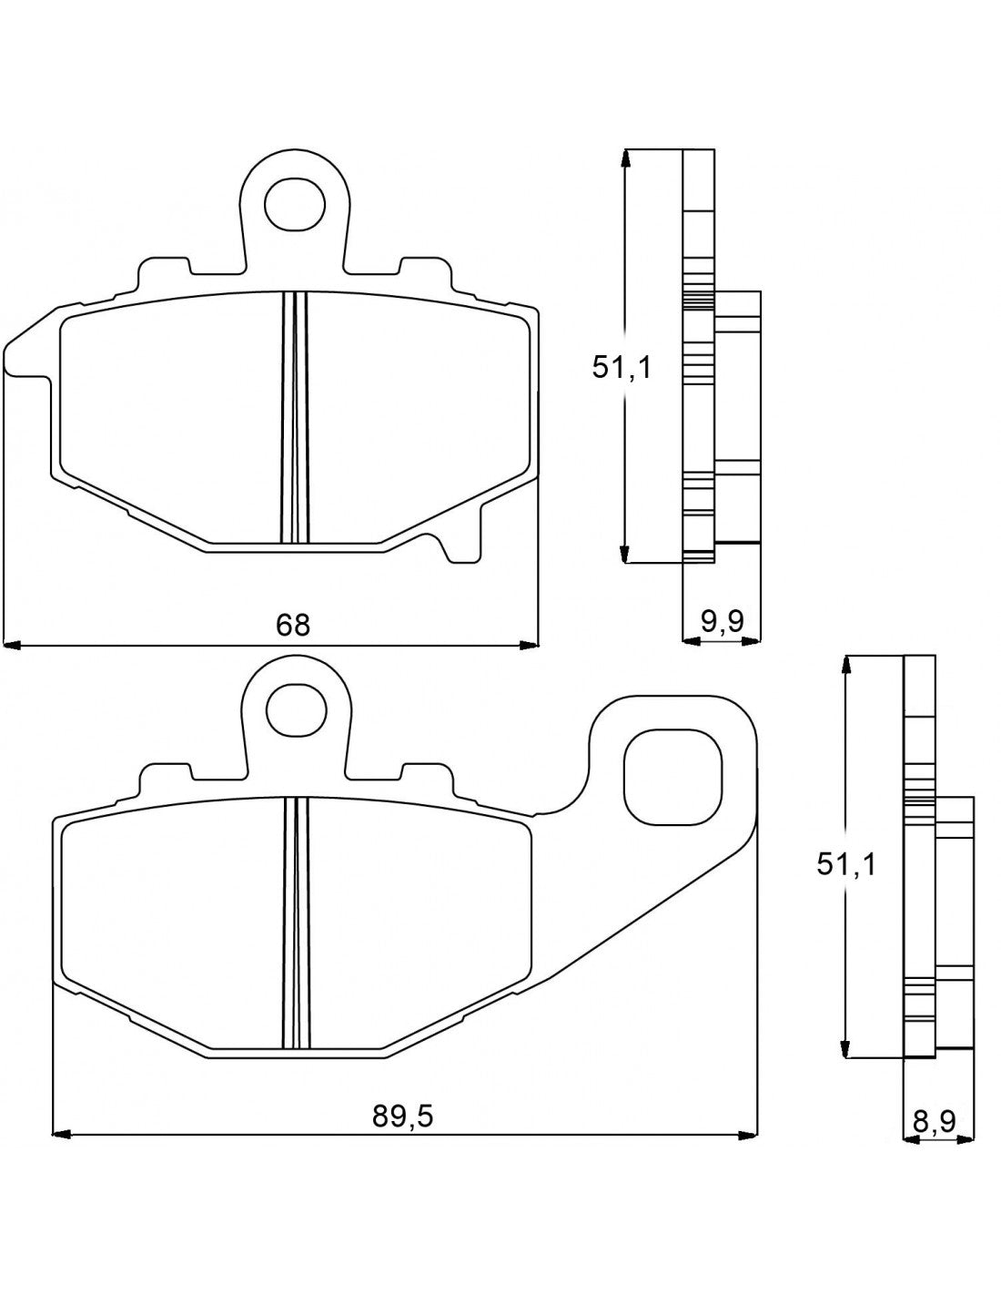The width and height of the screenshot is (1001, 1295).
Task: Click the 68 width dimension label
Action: [x=293, y=624]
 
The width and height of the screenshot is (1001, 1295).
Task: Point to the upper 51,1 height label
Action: [x=622, y=366]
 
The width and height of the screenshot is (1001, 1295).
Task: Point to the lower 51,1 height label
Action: [x=845, y=862]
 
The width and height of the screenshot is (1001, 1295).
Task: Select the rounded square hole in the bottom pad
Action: [x=672, y=777]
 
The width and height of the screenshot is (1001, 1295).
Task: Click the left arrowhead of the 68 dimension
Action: [x=13, y=646]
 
